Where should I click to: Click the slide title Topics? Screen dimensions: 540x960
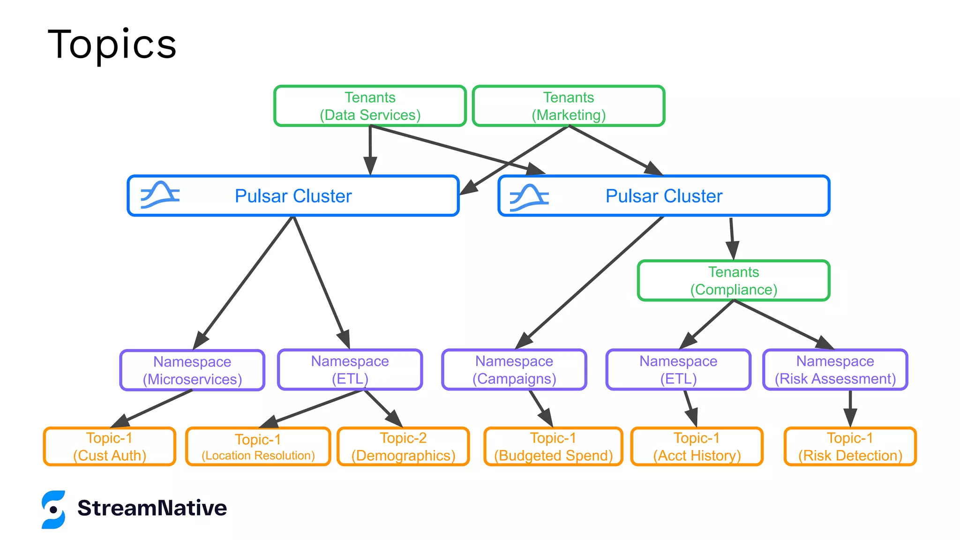pos(112,45)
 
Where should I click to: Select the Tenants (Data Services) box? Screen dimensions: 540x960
pos(370,106)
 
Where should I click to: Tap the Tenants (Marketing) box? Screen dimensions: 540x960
pos(568,106)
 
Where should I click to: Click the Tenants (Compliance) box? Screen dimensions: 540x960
pos(734,281)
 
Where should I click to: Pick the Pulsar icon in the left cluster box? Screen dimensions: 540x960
pos(160,195)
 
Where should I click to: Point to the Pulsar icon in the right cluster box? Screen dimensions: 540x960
pos(529,197)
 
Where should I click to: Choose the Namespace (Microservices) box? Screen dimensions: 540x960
pos(192,370)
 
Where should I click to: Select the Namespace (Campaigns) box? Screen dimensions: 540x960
pos(514,370)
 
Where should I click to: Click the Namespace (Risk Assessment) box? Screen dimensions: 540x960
pos(835,370)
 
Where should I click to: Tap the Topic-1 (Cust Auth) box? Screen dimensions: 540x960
pos(109,446)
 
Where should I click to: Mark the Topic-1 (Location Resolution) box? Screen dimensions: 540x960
pos(258,447)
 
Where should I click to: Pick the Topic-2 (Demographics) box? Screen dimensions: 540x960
pos(403,446)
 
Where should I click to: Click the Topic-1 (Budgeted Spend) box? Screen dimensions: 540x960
pos(553,446)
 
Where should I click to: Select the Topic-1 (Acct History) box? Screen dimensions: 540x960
pos(697,446)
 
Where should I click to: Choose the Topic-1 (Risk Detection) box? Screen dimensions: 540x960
pos(850,446)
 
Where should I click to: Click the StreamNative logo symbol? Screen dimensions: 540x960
pos(53,510)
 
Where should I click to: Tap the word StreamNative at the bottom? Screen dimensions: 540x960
pos(152,508)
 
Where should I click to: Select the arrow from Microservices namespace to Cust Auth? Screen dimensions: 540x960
pos(155,407)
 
